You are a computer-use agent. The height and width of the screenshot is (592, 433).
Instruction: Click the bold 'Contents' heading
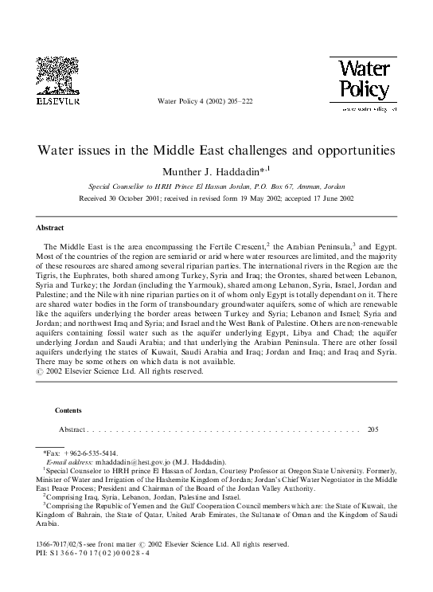point(68,410)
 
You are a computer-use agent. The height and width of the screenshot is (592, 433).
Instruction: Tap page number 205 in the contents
point(374,429)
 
